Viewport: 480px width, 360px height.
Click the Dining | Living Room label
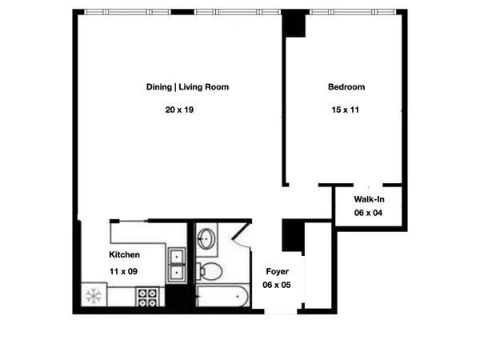click(187, 87)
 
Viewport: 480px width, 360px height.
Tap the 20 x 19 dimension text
click(180, 110)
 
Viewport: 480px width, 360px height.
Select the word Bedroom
click(346, 87)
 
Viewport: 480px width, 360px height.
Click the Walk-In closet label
click(370, 199)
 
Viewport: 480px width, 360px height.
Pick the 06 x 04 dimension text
click(369, 213)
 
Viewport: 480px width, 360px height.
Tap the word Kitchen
click(124, 255)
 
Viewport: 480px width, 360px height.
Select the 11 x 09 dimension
click(123, 272)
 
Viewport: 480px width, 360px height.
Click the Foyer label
click(277, 272)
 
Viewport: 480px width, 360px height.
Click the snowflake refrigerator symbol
click(93, 297)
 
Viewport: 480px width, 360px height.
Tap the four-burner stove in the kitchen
click(146, 298)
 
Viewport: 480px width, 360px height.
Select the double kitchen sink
click(177, 264)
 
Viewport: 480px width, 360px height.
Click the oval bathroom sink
click(206, 238)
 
